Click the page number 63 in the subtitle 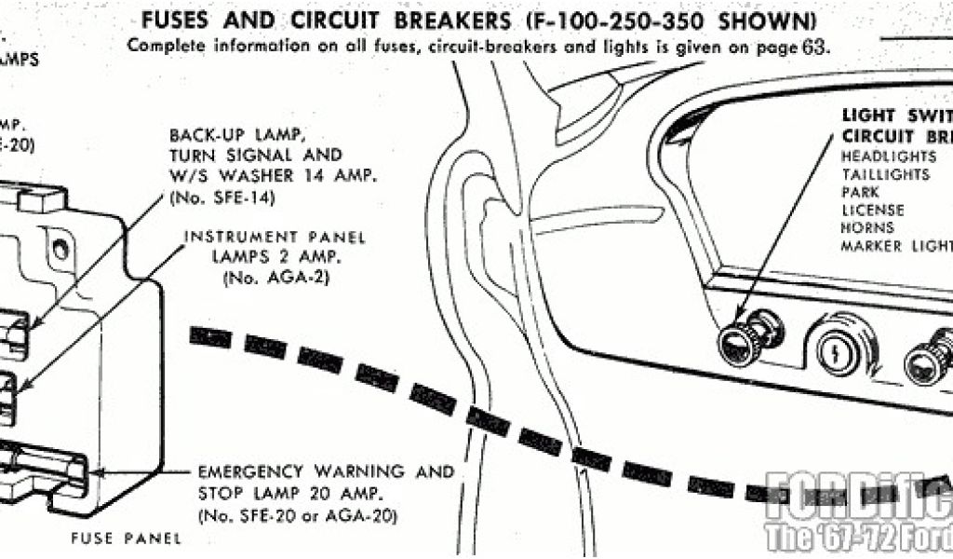[813, 47]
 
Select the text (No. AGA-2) [275, 278]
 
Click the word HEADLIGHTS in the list [889, 157]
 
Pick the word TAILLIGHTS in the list [885, 174]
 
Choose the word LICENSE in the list [874, 210]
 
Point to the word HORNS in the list [867, 227]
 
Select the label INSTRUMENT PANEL [275, 237]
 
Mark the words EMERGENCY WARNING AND [326, 471]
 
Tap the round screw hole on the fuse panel [61, 248]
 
